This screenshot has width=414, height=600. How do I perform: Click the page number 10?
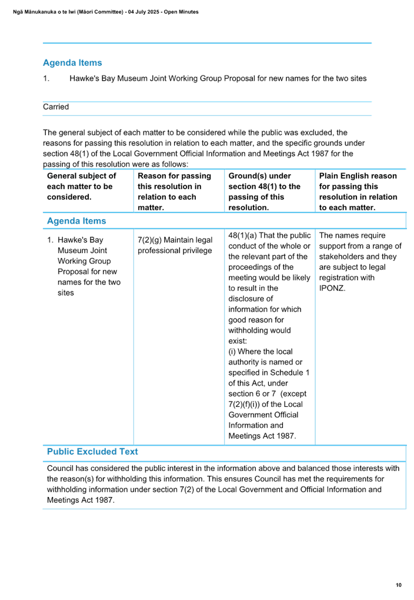pos(398,585)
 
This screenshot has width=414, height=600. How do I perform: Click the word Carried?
pos(56,107)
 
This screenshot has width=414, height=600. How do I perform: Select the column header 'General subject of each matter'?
pos(81,186)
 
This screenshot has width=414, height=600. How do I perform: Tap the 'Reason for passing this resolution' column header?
pos(174,192)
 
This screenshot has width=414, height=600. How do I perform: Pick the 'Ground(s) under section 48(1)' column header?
pos(265,192)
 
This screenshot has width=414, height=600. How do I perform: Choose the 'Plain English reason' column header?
pos(358,192)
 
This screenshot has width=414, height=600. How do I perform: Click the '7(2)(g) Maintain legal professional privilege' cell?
pos(175,246)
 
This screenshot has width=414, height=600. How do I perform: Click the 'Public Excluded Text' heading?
pos(92,452)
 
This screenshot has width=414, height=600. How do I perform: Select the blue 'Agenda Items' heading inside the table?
pos(76,221)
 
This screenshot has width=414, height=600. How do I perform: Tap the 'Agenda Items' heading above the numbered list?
pos(72,63)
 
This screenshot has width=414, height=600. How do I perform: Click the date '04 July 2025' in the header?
pos(143,12)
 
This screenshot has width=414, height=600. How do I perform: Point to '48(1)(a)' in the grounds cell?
pos(242,236)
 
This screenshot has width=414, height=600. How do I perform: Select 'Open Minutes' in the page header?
pos(181,12)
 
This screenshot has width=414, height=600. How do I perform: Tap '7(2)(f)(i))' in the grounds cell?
pos(244,405)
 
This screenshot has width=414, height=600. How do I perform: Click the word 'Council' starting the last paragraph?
pos(60,468)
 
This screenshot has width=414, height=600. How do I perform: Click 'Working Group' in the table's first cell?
pos(84,261)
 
